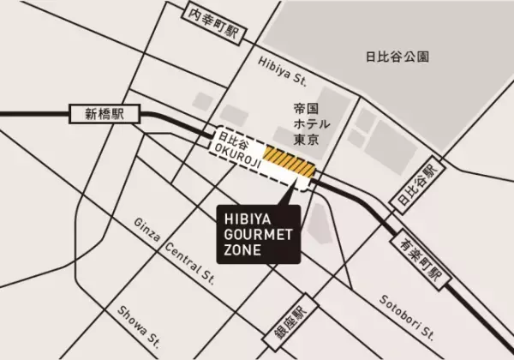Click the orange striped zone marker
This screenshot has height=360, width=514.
(290, 157)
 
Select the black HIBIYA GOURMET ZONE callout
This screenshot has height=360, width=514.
(254, 232)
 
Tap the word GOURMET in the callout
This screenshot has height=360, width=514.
(253, 232)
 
